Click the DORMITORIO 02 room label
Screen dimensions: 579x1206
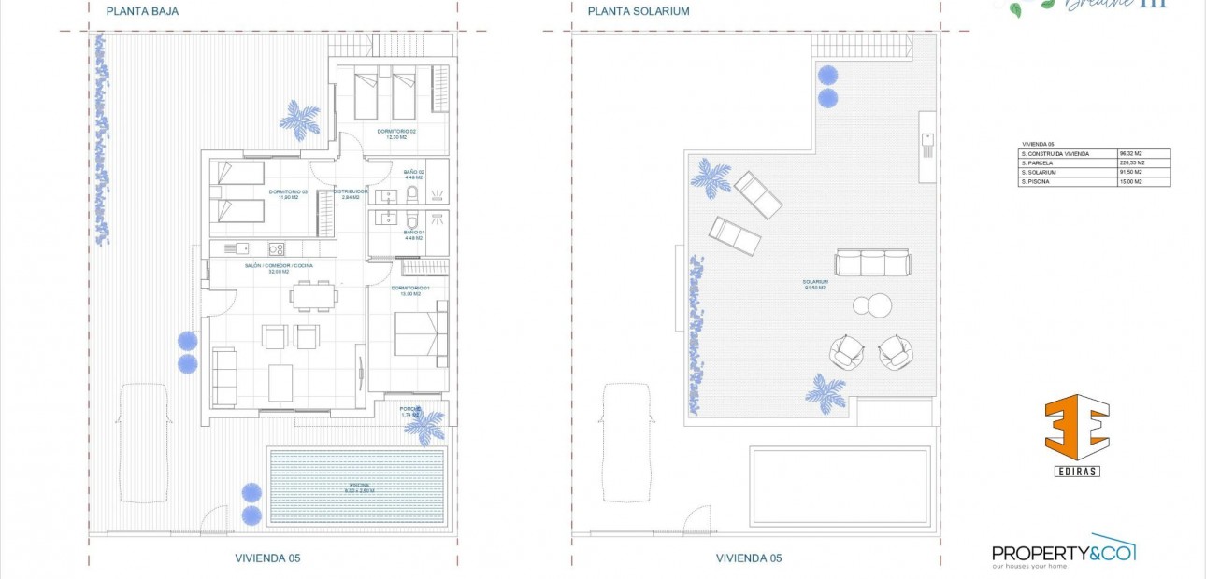click(x=396, y=132)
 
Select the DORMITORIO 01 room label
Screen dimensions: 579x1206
click(x=409, y=289)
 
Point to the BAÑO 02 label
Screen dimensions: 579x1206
click(x=414, y=173)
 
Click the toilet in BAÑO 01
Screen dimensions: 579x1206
click(x=411, y=221)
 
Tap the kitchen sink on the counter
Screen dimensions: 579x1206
click(x=242, y=248)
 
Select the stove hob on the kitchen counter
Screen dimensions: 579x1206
click(x=276, y=248)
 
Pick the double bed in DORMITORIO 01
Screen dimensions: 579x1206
click(x=420, y=333)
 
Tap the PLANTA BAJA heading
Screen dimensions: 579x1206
click(x=142, y=12)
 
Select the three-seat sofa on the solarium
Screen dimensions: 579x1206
click(x=872, y=262)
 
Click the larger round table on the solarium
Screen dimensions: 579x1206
click(x=878, y=305)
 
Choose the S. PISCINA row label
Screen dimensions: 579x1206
click(x=1039, y=181)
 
